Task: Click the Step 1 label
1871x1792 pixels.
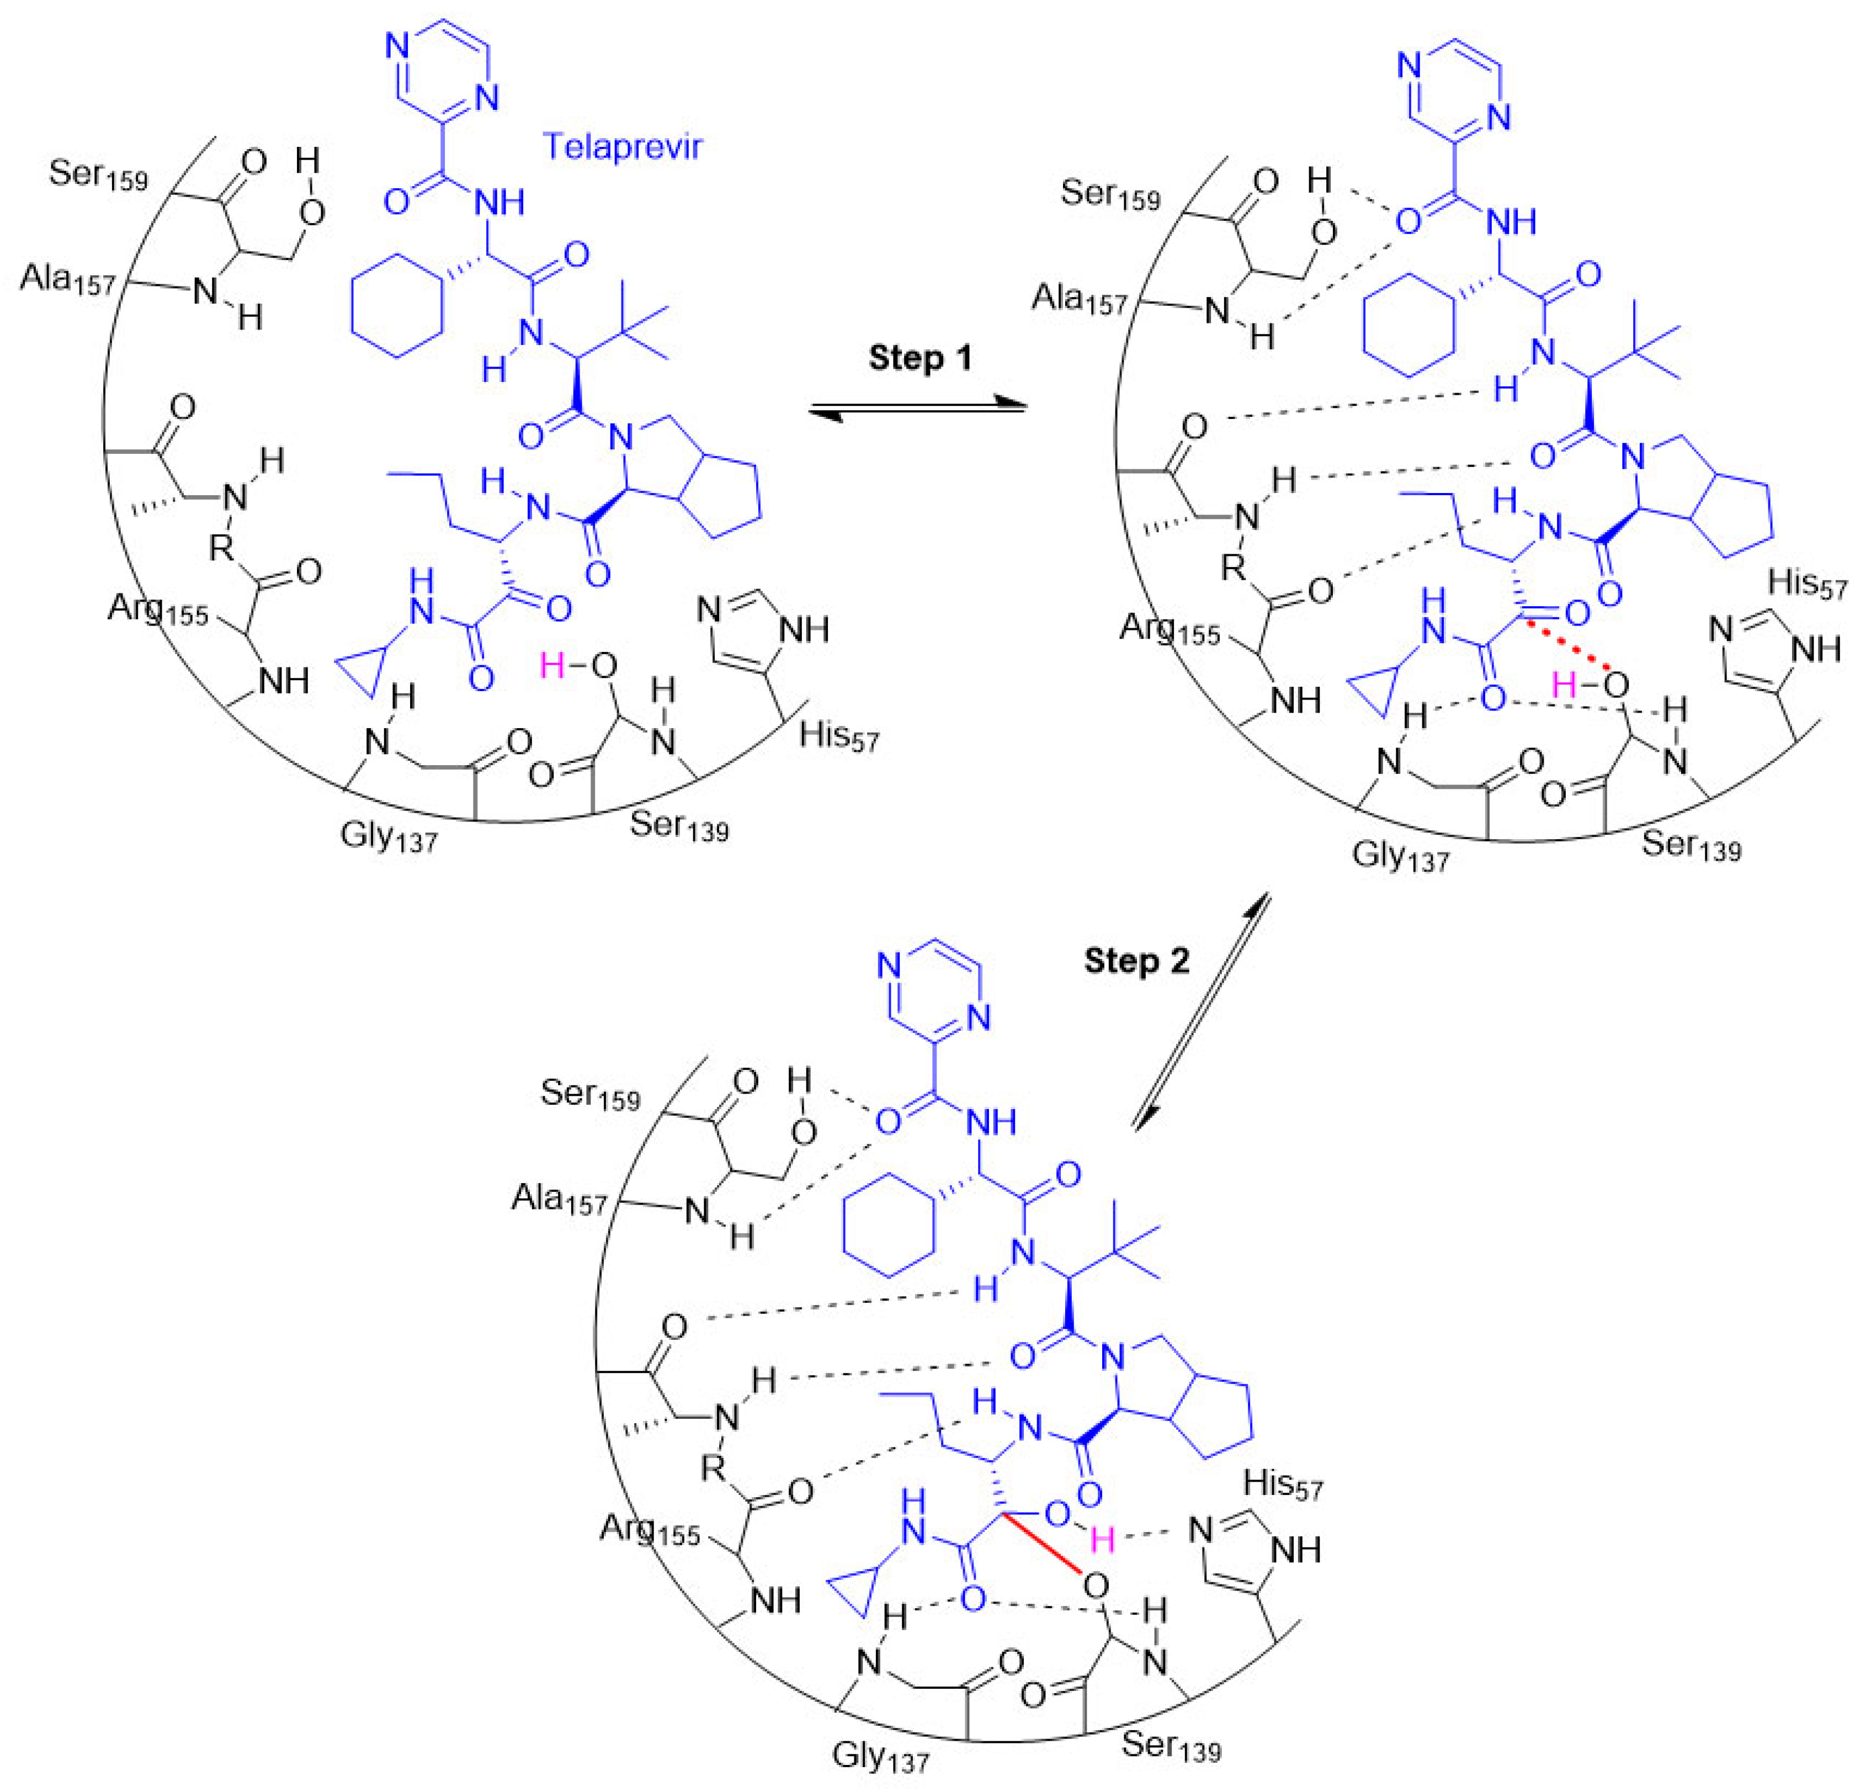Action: [919, 358]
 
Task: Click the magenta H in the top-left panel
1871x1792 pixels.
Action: [552, 665]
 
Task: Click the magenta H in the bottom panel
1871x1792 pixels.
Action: [1103, 1538]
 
